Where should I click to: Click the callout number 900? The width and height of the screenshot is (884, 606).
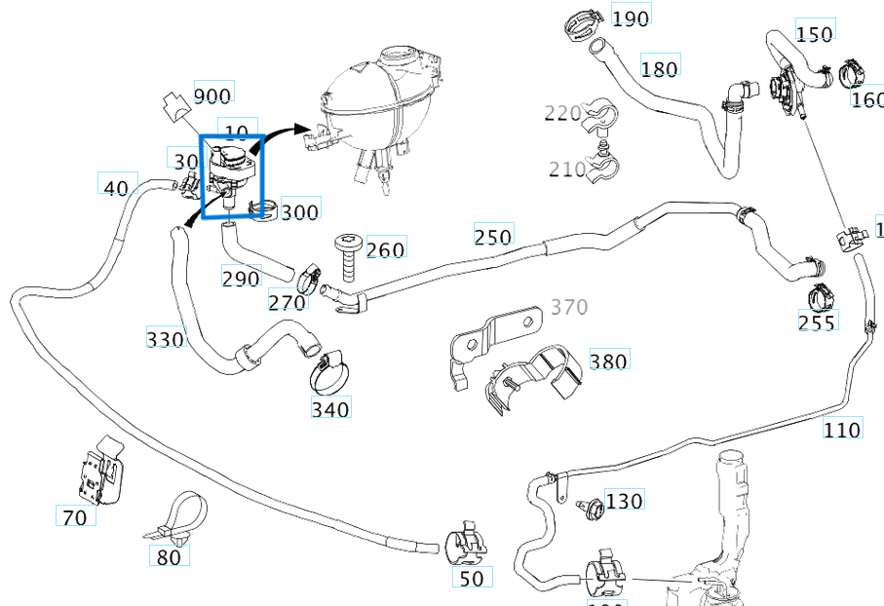212,95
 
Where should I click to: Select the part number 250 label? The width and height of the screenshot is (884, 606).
493,236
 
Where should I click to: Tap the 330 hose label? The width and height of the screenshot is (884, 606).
165,339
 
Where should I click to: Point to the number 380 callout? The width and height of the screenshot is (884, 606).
608,361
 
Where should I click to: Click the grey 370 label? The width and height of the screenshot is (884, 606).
569,308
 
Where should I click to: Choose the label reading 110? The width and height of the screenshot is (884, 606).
842,429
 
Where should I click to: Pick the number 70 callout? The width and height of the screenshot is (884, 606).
75,517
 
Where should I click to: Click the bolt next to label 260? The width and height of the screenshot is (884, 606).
348,255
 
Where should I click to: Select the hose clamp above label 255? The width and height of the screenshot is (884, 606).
821,293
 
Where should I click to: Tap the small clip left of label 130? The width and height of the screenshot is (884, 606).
588,507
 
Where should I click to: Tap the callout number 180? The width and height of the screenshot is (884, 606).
660,68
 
